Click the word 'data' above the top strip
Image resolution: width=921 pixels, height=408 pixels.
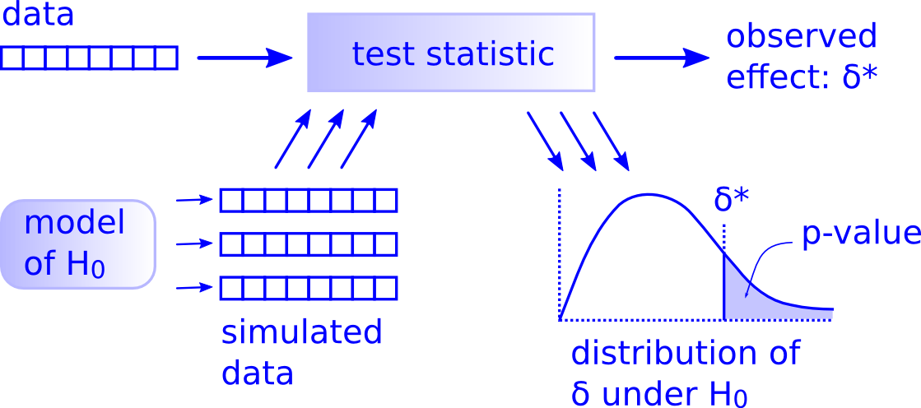[x=38, y=16]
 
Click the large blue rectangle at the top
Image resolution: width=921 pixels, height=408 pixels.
[x=451, y=52]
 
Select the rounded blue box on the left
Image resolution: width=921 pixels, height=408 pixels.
[x=78, y=244]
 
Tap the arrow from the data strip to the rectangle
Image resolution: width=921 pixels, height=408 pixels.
[x=244, y=58]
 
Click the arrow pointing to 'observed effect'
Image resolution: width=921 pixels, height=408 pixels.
[x=661, y=58]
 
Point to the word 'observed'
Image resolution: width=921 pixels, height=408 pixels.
[x=801, y=37]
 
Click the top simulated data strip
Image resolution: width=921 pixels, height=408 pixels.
[x=308, y=200]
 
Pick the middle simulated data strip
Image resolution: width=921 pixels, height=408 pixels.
[x=308, y=244]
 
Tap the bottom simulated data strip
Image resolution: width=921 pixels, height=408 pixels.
[x=308, y=288]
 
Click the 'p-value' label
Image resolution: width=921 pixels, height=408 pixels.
[x=861, y=234]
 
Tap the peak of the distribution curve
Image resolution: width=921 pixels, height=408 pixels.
[x=649, y=195]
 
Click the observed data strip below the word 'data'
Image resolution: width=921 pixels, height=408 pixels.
[x=89, y=58]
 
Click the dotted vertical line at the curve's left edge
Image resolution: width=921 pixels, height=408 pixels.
[x=560, y=247]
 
